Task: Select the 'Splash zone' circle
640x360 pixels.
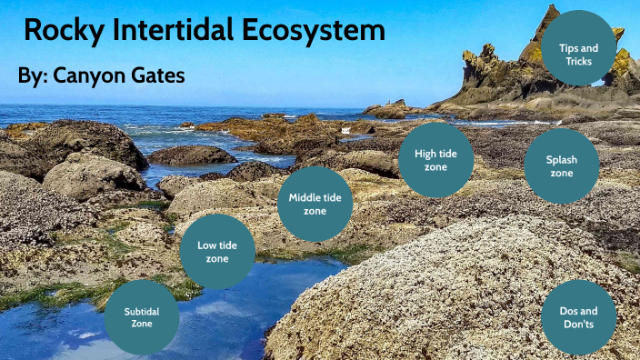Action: [x=562, y=165]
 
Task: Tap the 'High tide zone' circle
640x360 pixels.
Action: [x=435, y=160]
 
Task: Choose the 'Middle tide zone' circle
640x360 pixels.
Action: [x=315, y=205]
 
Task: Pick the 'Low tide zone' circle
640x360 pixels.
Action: [x=217, y=251]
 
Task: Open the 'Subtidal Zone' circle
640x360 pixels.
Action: [x=143, y=317]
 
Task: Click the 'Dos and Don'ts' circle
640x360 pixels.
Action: [x=578, y=316]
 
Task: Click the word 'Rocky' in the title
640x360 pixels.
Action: [x=60, y=30]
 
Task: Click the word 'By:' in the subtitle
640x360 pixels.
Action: [x=33, y=75]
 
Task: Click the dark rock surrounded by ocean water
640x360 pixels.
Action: [x=192, y=155]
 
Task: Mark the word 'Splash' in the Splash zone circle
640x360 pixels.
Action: [x=562, y=159]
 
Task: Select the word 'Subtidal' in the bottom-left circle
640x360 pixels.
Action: [x=143, y=311]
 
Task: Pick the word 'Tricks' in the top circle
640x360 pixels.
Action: [x=578, y=61]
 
